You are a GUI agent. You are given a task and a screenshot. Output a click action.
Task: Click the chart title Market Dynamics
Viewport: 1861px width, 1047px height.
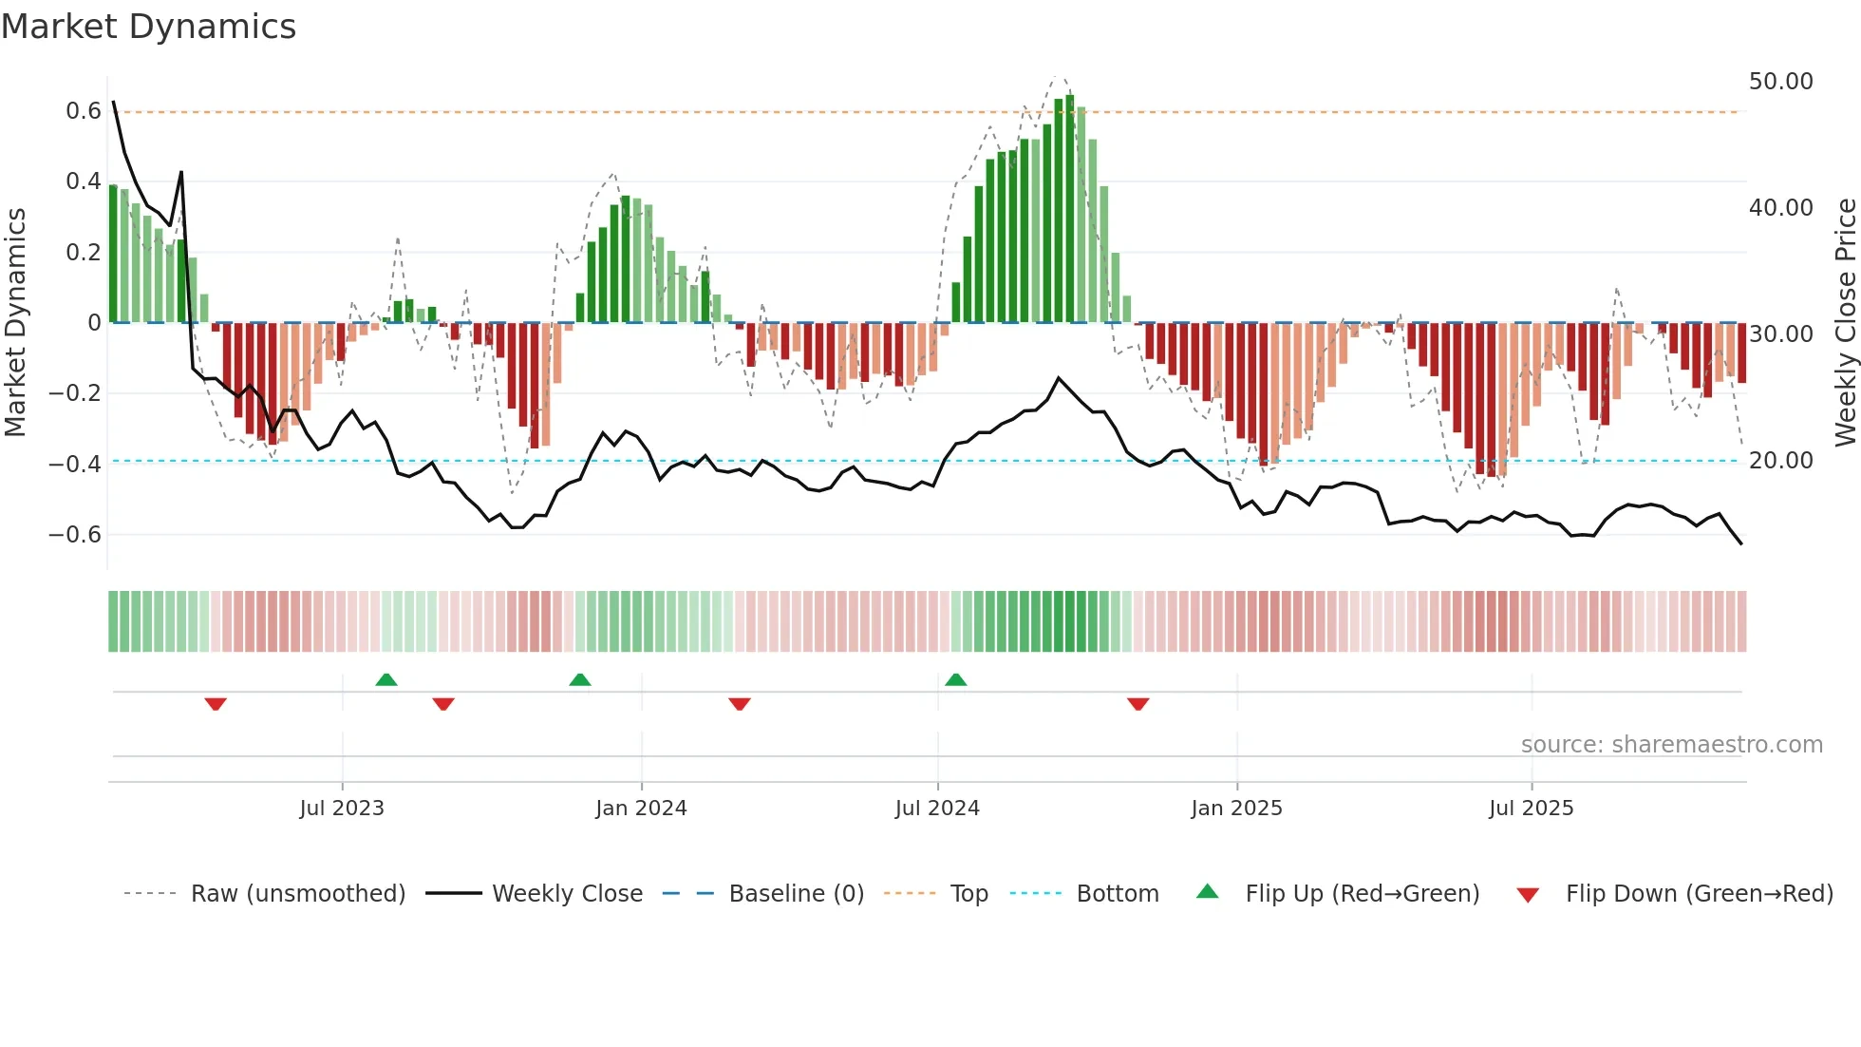coord(148,27)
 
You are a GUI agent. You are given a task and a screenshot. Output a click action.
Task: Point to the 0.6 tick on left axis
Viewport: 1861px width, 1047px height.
coord(83,111)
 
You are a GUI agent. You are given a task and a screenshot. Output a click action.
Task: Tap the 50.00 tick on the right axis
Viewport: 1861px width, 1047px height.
coord(1780,82)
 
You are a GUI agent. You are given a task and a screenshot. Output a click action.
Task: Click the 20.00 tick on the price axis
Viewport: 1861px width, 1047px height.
coord(1780,461)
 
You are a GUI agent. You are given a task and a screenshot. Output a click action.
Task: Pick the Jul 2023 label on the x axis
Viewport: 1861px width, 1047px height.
coord(342,809)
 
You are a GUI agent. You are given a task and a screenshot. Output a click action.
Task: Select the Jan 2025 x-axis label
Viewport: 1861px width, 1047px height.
coord(1236,809)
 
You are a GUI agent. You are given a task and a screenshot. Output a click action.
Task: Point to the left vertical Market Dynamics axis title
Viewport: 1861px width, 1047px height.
coord(15,323)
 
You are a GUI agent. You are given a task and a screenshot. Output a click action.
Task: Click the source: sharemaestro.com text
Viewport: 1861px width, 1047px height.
coord(1671,745)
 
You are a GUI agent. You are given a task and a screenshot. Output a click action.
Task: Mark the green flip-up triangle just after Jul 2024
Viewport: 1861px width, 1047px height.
coord(956,680)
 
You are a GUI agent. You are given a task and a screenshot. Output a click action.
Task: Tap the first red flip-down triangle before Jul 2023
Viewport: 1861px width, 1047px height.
coord(216,704)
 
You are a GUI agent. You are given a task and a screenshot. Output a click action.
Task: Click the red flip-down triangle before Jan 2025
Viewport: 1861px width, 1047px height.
coord(1138,704)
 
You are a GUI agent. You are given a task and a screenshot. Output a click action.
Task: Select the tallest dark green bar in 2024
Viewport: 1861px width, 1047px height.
coord(1070,209)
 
